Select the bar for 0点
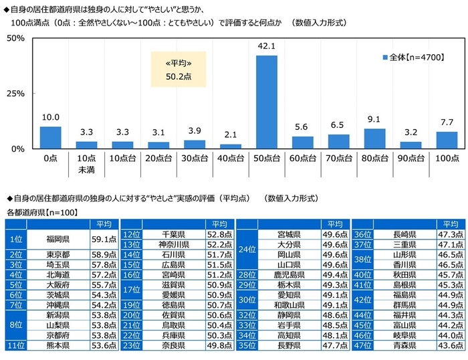pos(50,137)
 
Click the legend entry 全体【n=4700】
pos(415,58)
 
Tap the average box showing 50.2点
pos(178,70)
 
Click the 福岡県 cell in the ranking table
pos(59,238)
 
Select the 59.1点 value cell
pos(103,238)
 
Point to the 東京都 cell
pos(59,255)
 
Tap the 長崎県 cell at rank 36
pos(406,234)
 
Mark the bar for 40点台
pos(230,146)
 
